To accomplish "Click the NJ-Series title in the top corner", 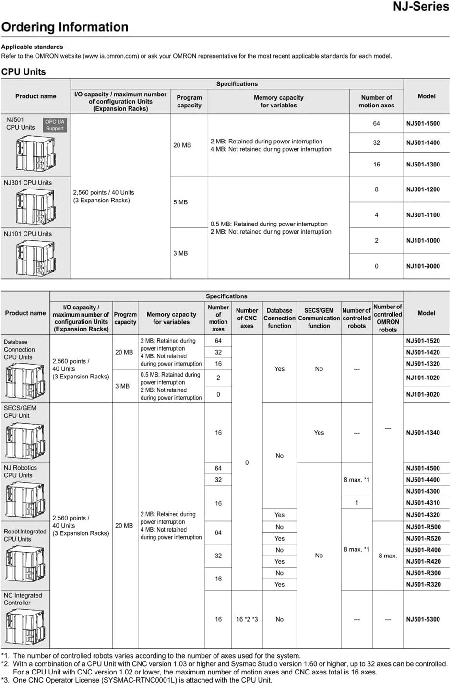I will pyautogui.click(x=421, y=7).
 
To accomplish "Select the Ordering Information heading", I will pyautogui.click(x=65, y=27).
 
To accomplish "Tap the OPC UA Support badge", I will pyautogui.click(x=55, y=125).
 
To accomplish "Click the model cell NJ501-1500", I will pyautogui.click(x=423, y=123).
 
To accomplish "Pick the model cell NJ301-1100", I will pyautogui.click(x=423, y=215).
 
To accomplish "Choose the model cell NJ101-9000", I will pyautogui.click(x=423, y=266).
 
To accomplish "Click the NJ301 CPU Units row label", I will pyautogui.click(x=28, y=183).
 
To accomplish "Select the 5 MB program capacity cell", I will pyautogui.click(x=180, y=202).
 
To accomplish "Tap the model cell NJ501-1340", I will pyautogui.click(x=423, y=433).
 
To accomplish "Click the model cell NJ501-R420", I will pyautogui.click(x=423, y=561).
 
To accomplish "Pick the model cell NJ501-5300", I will pyautogui.click(x=423, y=619).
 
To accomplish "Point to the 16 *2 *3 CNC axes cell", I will pyautogui.click(x=247, y=619).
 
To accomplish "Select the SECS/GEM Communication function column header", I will pyautogui.click(x=319, y=318).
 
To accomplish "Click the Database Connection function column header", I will pyautogui.click(x=279, y=318).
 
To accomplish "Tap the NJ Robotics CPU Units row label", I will pyautogui.click(x=20, y=472).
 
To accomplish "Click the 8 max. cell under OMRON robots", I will pyautogui.click(x=388, y=556).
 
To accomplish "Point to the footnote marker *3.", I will pyautogui.click(x=5, y=680).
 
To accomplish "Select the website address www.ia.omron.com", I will pyautogui.click(x=111, y=56).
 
